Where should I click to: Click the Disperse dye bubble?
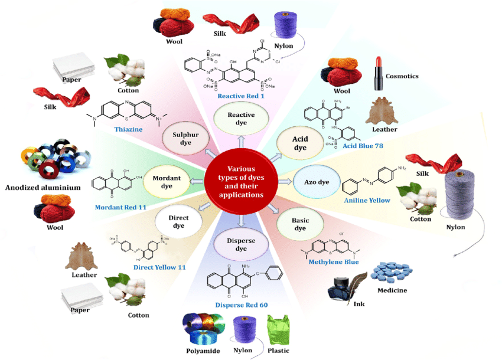(240, 243)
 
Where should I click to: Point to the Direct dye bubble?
(179, 222)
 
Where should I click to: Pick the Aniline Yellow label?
(367, 201)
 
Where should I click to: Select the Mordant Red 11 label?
(120, 207)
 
